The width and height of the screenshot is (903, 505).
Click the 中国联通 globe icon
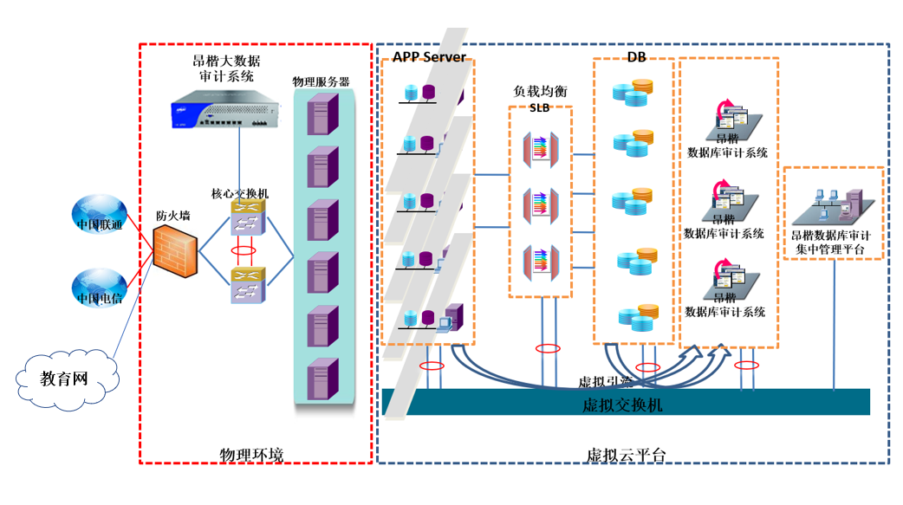click(x=98, y=217)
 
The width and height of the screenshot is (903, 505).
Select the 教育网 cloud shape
click(x=66, y=378)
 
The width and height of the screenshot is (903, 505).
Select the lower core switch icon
click(x=247, y=286)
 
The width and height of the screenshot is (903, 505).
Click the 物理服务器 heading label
click(x=321, y=81)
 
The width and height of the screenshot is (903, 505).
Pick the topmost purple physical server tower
click(x=322, y=113)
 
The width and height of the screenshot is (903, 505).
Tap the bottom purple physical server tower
click(x=322, y=379)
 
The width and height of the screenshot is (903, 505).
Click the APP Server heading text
click(x=429, y=57)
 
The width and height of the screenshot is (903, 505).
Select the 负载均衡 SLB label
click(x=540, y=98)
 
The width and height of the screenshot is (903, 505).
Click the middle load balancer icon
click(x=539, y=205)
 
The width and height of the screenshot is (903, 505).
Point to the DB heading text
click(x=635, y=57)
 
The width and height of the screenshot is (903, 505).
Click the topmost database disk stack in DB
click(x=632, y=92)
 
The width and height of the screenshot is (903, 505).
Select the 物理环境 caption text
click(x=251, y=455)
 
